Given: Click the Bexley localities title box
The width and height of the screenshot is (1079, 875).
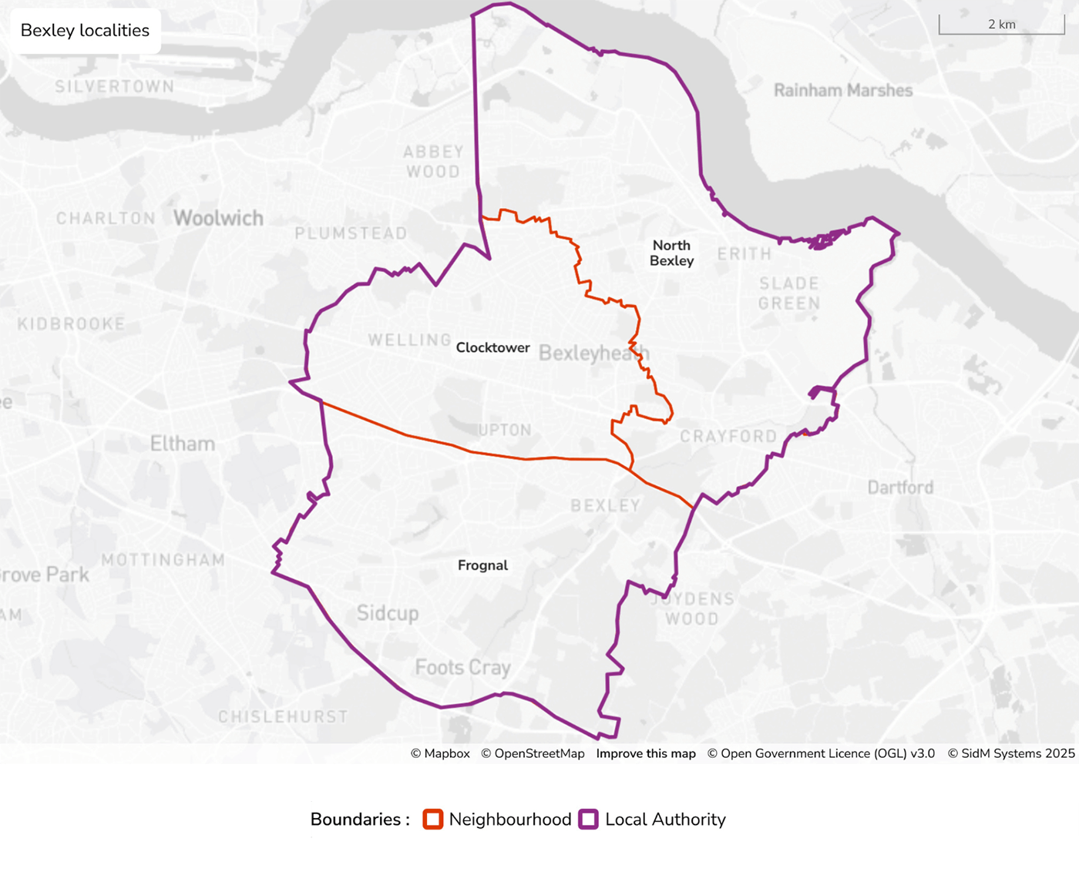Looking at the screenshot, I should click(85, 31).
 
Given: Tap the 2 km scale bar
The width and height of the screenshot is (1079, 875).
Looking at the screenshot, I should click(1001, 25).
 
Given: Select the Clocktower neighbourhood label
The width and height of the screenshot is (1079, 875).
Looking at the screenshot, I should click(492, 347).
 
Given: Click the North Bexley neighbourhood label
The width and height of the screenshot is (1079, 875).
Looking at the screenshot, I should click(672, 253).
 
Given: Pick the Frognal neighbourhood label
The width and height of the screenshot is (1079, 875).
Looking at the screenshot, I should click(482, 565).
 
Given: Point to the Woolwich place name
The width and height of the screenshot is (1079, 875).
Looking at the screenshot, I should click(218, 218).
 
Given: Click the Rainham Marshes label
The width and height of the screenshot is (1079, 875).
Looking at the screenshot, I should click(843, 90).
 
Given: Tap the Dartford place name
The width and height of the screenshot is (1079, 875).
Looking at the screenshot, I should click(900, 488).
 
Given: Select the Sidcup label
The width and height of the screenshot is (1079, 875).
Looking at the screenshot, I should click(388, 613).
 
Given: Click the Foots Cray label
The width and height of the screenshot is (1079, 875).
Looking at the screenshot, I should click(462, 667).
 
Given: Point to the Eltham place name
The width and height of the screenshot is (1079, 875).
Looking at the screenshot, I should click(183, 444).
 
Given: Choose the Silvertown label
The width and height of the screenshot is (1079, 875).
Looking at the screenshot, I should click(114, 86).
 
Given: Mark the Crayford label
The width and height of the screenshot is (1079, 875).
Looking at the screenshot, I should click(728, 436).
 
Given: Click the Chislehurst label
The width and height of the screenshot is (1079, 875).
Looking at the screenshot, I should click(283, 716).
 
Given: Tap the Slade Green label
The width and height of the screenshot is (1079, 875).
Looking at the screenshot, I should click(789, 293).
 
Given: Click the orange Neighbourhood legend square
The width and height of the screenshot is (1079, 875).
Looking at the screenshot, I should click(433, 820).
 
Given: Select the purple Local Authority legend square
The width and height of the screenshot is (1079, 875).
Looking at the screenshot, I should click(589, 820).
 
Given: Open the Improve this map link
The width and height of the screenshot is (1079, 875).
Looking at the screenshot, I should click(646, 753).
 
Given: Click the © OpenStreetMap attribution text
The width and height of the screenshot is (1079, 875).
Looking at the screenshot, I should click(533, 753).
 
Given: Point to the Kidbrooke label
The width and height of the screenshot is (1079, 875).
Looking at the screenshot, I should click(71, 324).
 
